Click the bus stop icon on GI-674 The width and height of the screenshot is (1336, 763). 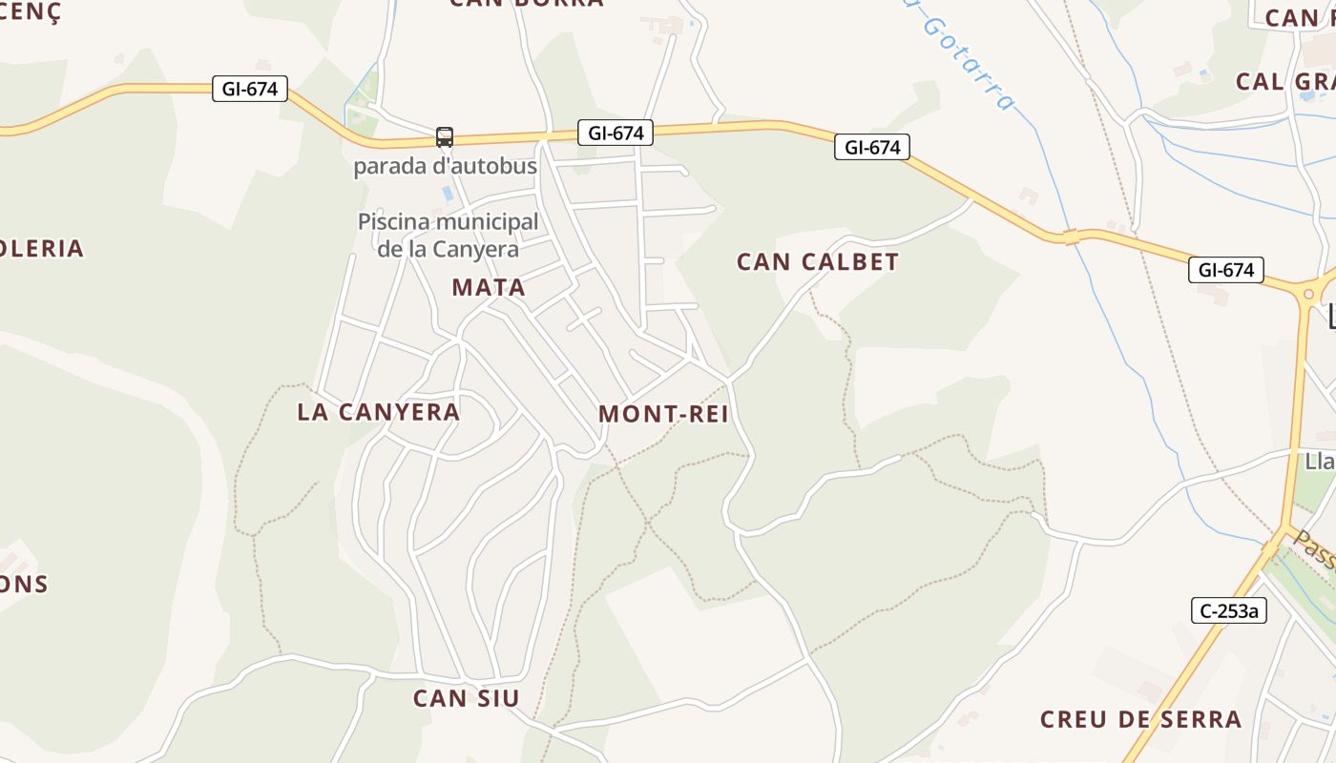pyautogui.click(x=445, y=137)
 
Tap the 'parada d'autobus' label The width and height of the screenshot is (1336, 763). pyautogui.click(x=446, y=166)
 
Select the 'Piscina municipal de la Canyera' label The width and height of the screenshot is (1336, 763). pyautogui.click(x=448, y=236)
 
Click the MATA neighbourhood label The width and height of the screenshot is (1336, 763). pyautogui.click(x=489, y=287)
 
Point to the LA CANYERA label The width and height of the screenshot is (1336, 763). pyautogui.click(x=378, y=412)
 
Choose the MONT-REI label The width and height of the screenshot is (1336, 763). pyautogui.click(x=663, y=414)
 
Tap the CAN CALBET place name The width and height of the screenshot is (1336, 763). pyautogui.click(x=818, y=262)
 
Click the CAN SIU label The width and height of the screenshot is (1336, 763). pyautogui.click(x=467, y=698)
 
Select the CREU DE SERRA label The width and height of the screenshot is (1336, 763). pyautogui.click(x=1140, y=719)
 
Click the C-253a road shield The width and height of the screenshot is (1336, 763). pyautogui.click(x=1229, y=610)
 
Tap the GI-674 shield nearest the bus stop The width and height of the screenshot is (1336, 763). pyautogui.click(x=616, y=133)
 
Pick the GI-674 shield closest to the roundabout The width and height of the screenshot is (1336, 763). pyautogui.click(x=1226, y=270)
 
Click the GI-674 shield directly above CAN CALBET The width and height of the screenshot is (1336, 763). pyautogui.click(x=872, y=147)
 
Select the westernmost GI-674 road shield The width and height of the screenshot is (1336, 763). pyautogui.click(x=250, y=89)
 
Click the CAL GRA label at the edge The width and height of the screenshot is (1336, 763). pyautogui.click(x=1284, y=82)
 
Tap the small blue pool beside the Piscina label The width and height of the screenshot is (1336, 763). pyautogui.click(x=448, y=194)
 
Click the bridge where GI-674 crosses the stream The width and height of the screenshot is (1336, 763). pyautogui.click(x=1072, y=237)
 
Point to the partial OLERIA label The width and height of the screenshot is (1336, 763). pyautogui.click(x=42, y=249)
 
